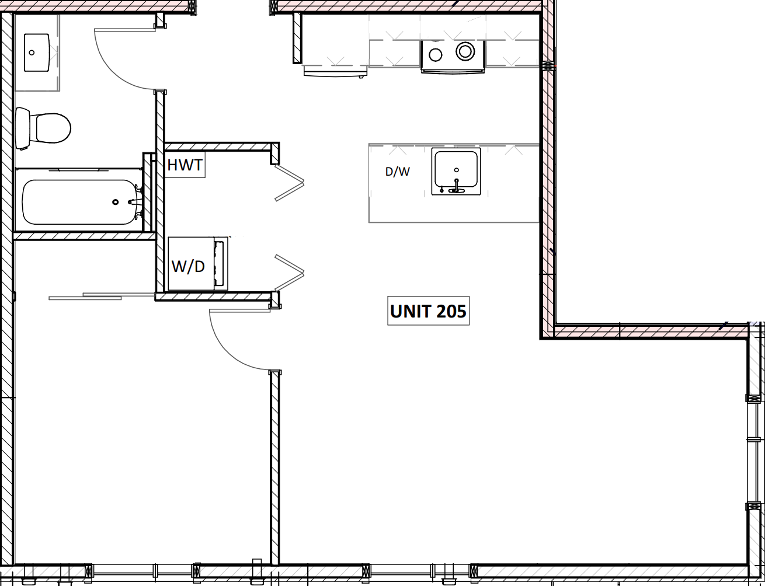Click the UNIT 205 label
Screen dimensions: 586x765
(428, 311)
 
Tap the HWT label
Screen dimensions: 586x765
(185, 165)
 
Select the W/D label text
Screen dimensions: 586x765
(188, 266)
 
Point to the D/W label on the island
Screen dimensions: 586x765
(397, 172)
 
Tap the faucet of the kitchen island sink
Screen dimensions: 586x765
(457, 186)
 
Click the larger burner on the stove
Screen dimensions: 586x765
(465, 51)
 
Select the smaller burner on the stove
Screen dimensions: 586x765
(436, 55)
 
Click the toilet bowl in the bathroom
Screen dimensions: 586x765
(53, 128)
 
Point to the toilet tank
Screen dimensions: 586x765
(22, 128)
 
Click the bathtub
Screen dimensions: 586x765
(79, 202)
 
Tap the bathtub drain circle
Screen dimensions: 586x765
(116, 202)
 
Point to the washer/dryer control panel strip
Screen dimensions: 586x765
(220, 264)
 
